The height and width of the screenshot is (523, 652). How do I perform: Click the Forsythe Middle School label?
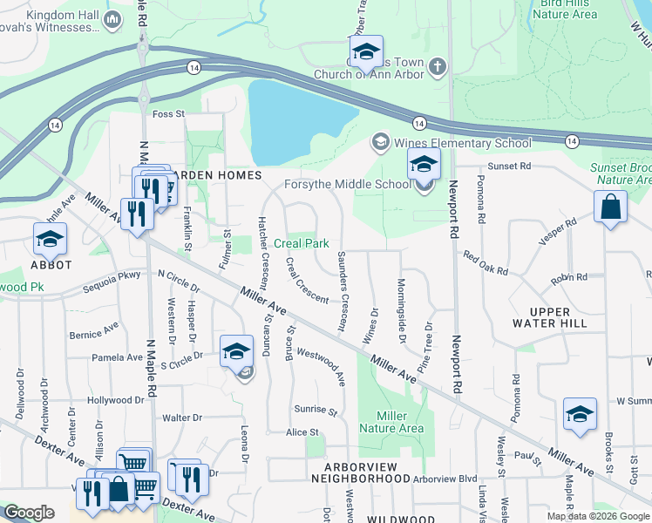[348, 184]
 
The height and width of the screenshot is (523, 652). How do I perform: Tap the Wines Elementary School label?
[462, 143]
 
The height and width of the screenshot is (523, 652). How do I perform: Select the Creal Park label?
[302, 244]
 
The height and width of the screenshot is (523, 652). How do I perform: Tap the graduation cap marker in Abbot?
[50, 239]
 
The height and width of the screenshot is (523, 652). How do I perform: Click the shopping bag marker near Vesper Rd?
[611, 207]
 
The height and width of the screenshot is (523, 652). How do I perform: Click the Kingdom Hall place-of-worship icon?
[112, 19]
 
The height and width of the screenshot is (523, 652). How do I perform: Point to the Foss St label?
[169, 114]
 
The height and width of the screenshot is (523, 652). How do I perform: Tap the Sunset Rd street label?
[510, 166]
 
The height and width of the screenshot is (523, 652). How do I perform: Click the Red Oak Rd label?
[486, 264]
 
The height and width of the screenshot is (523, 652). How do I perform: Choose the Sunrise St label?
[315, 409]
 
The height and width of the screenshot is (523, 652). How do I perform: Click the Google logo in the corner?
[29, 513]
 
